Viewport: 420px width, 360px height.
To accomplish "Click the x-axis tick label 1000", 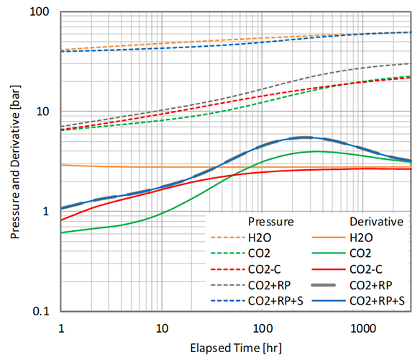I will pyautogui.click(x=362, y=328).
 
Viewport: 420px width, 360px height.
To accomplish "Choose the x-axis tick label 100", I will pyautogui.click(x=262, y=328).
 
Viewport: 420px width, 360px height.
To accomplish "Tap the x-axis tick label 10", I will pyautogui.click(x=162, y=328).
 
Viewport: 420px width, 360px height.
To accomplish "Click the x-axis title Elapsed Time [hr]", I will pyautogui.click(x=237, y=348).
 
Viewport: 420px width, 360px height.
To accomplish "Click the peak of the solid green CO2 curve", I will pyautogui.click(x=316, y=151).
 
